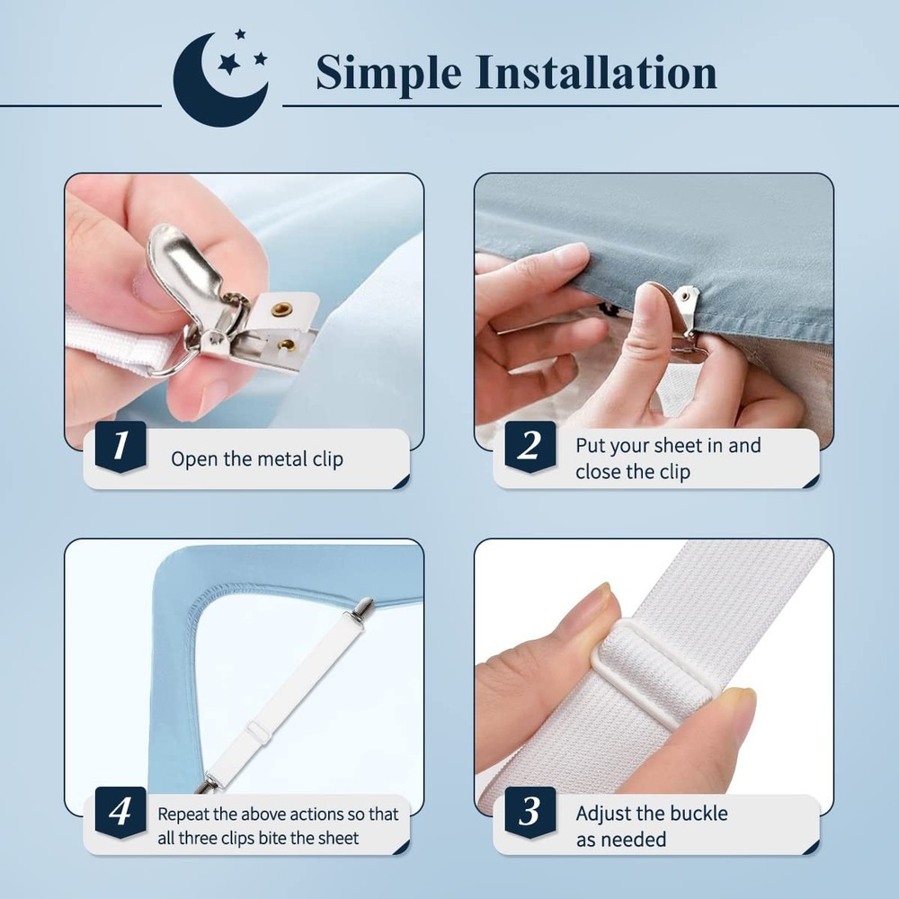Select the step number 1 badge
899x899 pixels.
120,447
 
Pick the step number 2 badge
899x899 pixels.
530,447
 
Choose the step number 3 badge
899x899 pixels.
530,813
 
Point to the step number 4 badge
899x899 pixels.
120,813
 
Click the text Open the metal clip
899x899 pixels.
257,459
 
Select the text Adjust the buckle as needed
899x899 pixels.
652,826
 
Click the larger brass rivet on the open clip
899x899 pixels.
281,311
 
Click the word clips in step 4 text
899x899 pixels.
240,839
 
